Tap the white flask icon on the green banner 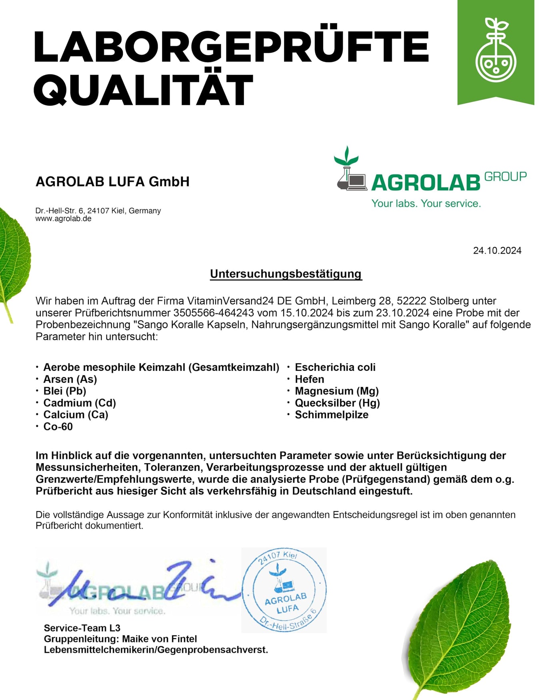pos(496,48)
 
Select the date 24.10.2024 pos(497,251)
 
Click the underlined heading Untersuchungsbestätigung pos(286,274)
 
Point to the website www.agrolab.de pos(63,219)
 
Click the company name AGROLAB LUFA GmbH pos(112,182)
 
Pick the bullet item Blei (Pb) pos(65,391)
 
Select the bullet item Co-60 pos(58,426)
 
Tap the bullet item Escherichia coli pos(335,367)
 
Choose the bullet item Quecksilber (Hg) pos(337,403)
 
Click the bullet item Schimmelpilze pos(331,415)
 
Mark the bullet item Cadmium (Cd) pos(80,403)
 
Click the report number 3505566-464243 pos(213,313)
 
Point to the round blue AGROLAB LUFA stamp pos(284,590)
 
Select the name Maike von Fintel pos(159,639)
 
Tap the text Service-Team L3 pos(82,628)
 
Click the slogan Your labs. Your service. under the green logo pos(426,204)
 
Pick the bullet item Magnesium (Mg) pos(336,391)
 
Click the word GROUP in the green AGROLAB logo pos(505,177)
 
